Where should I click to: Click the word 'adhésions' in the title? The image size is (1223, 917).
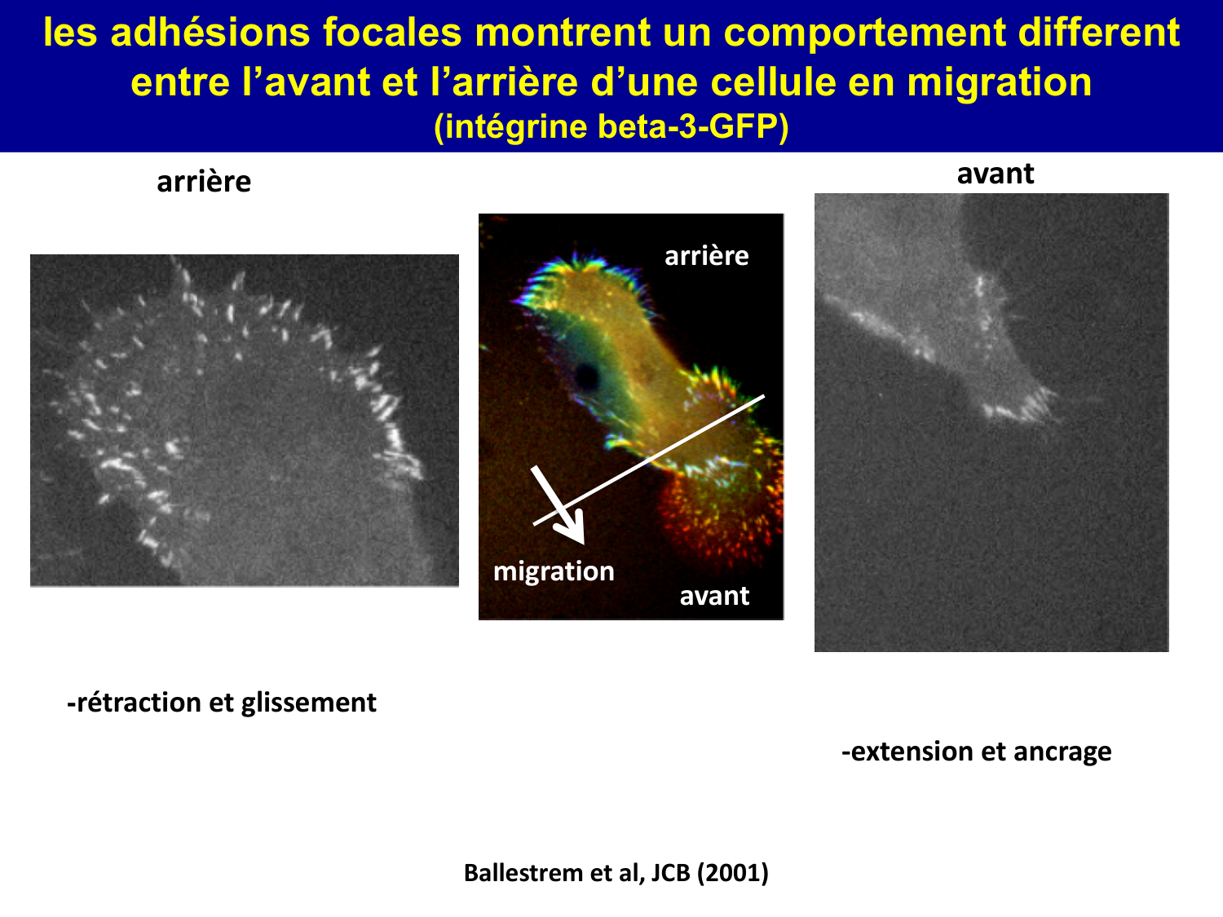pyautogui.click(x=210, y=33)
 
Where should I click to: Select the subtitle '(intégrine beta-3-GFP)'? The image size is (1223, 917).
pyautogui.click(x=611, y=127)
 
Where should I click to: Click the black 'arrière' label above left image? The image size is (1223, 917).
pyautogui.click(x=204, y=182)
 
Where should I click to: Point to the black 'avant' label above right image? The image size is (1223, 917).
pyautogui.click(x=995, y=174)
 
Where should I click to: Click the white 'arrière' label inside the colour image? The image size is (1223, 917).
pyautogui.click(x=706, y=256)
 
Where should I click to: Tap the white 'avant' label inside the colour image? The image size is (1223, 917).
pyautogui.click(x=714, y=596)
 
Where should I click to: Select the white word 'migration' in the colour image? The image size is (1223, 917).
pyautogui.click(x=554, y=571)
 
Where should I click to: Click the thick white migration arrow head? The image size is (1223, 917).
pyautogui.click(x=574, y=529)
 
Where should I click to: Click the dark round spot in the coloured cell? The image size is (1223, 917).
pyautogui.click(x=586, y=376)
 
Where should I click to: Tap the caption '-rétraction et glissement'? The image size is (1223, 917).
pyautogui.click(x=222, y=703)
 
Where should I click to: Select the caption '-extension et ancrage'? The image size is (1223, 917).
pyautogui.click(x=976, y=752)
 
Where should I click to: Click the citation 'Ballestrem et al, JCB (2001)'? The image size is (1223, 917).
pyautogui.click(x=616, y=873)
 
